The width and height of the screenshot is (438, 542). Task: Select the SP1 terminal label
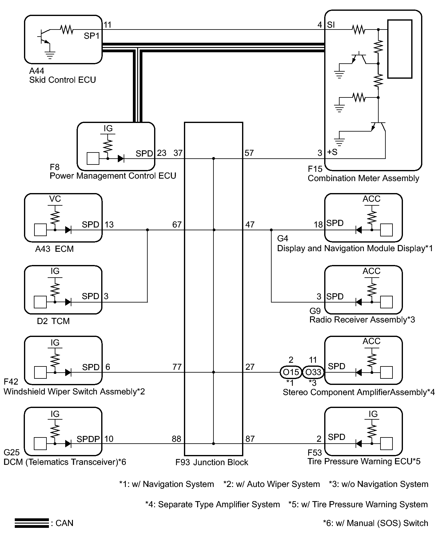pos(92,36)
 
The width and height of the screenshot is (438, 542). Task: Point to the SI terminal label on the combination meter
pos(331,25)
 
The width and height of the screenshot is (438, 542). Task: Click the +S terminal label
pos(332,152)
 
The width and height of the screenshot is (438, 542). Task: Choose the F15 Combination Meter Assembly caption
pos(363,174)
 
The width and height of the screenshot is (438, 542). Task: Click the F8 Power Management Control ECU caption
pos(113,172)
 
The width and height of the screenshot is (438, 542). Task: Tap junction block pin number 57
pos(249,153)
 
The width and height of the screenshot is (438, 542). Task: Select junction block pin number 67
pos(177,225)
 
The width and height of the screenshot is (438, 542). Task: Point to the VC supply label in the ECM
pos(55,199)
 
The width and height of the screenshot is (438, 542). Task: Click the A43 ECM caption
pos(54,249)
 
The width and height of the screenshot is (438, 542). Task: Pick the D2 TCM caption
pos(53,321)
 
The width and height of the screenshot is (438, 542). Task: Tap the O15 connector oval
pos(291,372)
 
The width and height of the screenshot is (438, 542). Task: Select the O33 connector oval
pos(313,372)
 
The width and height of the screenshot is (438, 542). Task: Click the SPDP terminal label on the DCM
pos(88,439)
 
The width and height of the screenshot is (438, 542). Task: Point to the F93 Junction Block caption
pos(212,462)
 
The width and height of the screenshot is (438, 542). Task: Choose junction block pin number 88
pos(176,439)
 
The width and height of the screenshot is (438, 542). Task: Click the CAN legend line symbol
pos(32,523)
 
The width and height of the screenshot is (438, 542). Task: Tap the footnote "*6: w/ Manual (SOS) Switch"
pos(375,523)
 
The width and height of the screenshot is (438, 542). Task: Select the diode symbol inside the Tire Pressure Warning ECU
pos(358,444)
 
